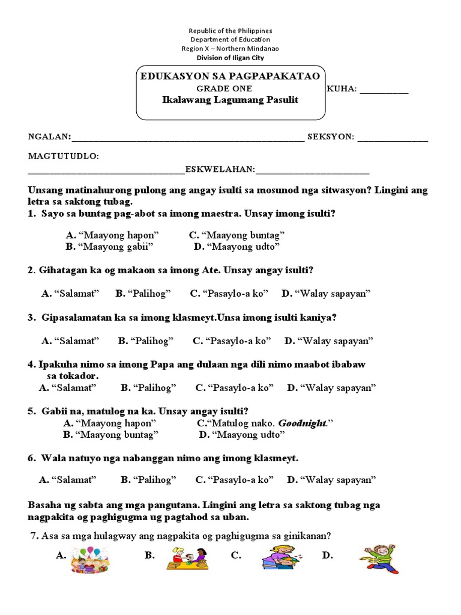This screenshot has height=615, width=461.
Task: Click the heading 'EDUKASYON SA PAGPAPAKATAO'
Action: click(230, 76)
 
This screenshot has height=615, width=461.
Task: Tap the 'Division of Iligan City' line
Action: click(230, 58)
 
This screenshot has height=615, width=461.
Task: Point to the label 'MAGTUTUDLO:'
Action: click(63, 156)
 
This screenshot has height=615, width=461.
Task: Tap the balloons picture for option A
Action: click(89, 560)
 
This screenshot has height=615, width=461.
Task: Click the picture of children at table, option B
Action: click(189, 559)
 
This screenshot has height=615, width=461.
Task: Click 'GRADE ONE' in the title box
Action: click(230, 88)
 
